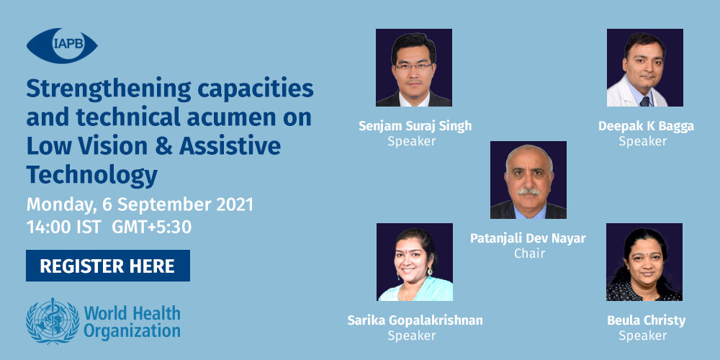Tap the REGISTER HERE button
(108, 266)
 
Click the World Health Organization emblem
(53, 320)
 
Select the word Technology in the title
(92, 176)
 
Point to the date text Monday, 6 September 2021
(140, 204)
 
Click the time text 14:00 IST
(64, 228)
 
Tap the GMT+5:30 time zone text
(151, 228)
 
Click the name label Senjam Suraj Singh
(415, 126)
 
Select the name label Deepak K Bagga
(646, 126)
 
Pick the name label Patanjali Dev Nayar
(528, 238)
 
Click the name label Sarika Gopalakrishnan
(415, 320)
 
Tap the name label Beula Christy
(646, 320)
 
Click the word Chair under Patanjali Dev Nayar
(529, 253)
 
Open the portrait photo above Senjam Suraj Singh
(414, 68)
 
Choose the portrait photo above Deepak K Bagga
(644, 68)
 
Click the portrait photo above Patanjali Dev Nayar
(528, 180)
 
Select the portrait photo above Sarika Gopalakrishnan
(414, 262)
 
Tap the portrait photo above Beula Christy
(644, 262)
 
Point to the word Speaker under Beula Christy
(642, 336)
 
